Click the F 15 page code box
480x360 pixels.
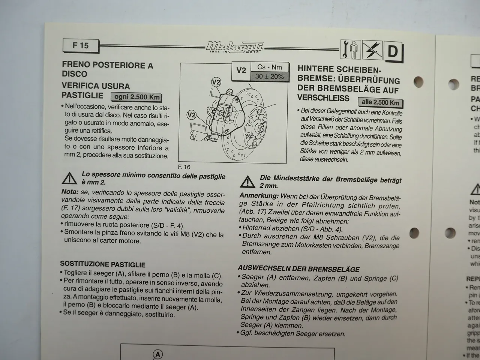pyautogui.click(x=81, y=46)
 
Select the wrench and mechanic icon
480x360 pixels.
pyautogui.click(x=351, y=50)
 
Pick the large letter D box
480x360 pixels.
pyautogui.click(x=393, y=51)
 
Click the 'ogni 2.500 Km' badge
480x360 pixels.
pyautogui.click(x=136, y=97)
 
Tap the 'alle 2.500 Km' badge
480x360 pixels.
pyautogui.click(x=380, y=102)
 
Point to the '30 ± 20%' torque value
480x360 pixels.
pyautogui.click(x=269, y=76)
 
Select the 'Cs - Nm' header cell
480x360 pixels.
pyautogui.click(x=269, y=67)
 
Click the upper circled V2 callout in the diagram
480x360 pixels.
pyautogui.click(x=216, y=82)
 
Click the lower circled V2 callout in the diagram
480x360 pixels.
pyautogui.click(x=192, y=115)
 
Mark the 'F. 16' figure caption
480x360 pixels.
pyautogui.click(x=184, y=167)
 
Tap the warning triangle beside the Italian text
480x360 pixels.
pyautogui.click(x=69, y=178)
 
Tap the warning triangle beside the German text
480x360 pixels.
pyautogui.click(x=247, y=182)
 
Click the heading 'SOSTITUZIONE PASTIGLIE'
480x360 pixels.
pyautogui.click(x=103, y=264)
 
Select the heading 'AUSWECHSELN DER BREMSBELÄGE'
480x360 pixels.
pyautogui.click(x=298, y=269)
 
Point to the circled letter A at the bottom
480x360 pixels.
pyautogui.click(x=158, y=354)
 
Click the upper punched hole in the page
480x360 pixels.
pyautogui.click(x=418, y=81)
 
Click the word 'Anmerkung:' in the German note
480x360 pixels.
pyautogui.click(x=259, y=196)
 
